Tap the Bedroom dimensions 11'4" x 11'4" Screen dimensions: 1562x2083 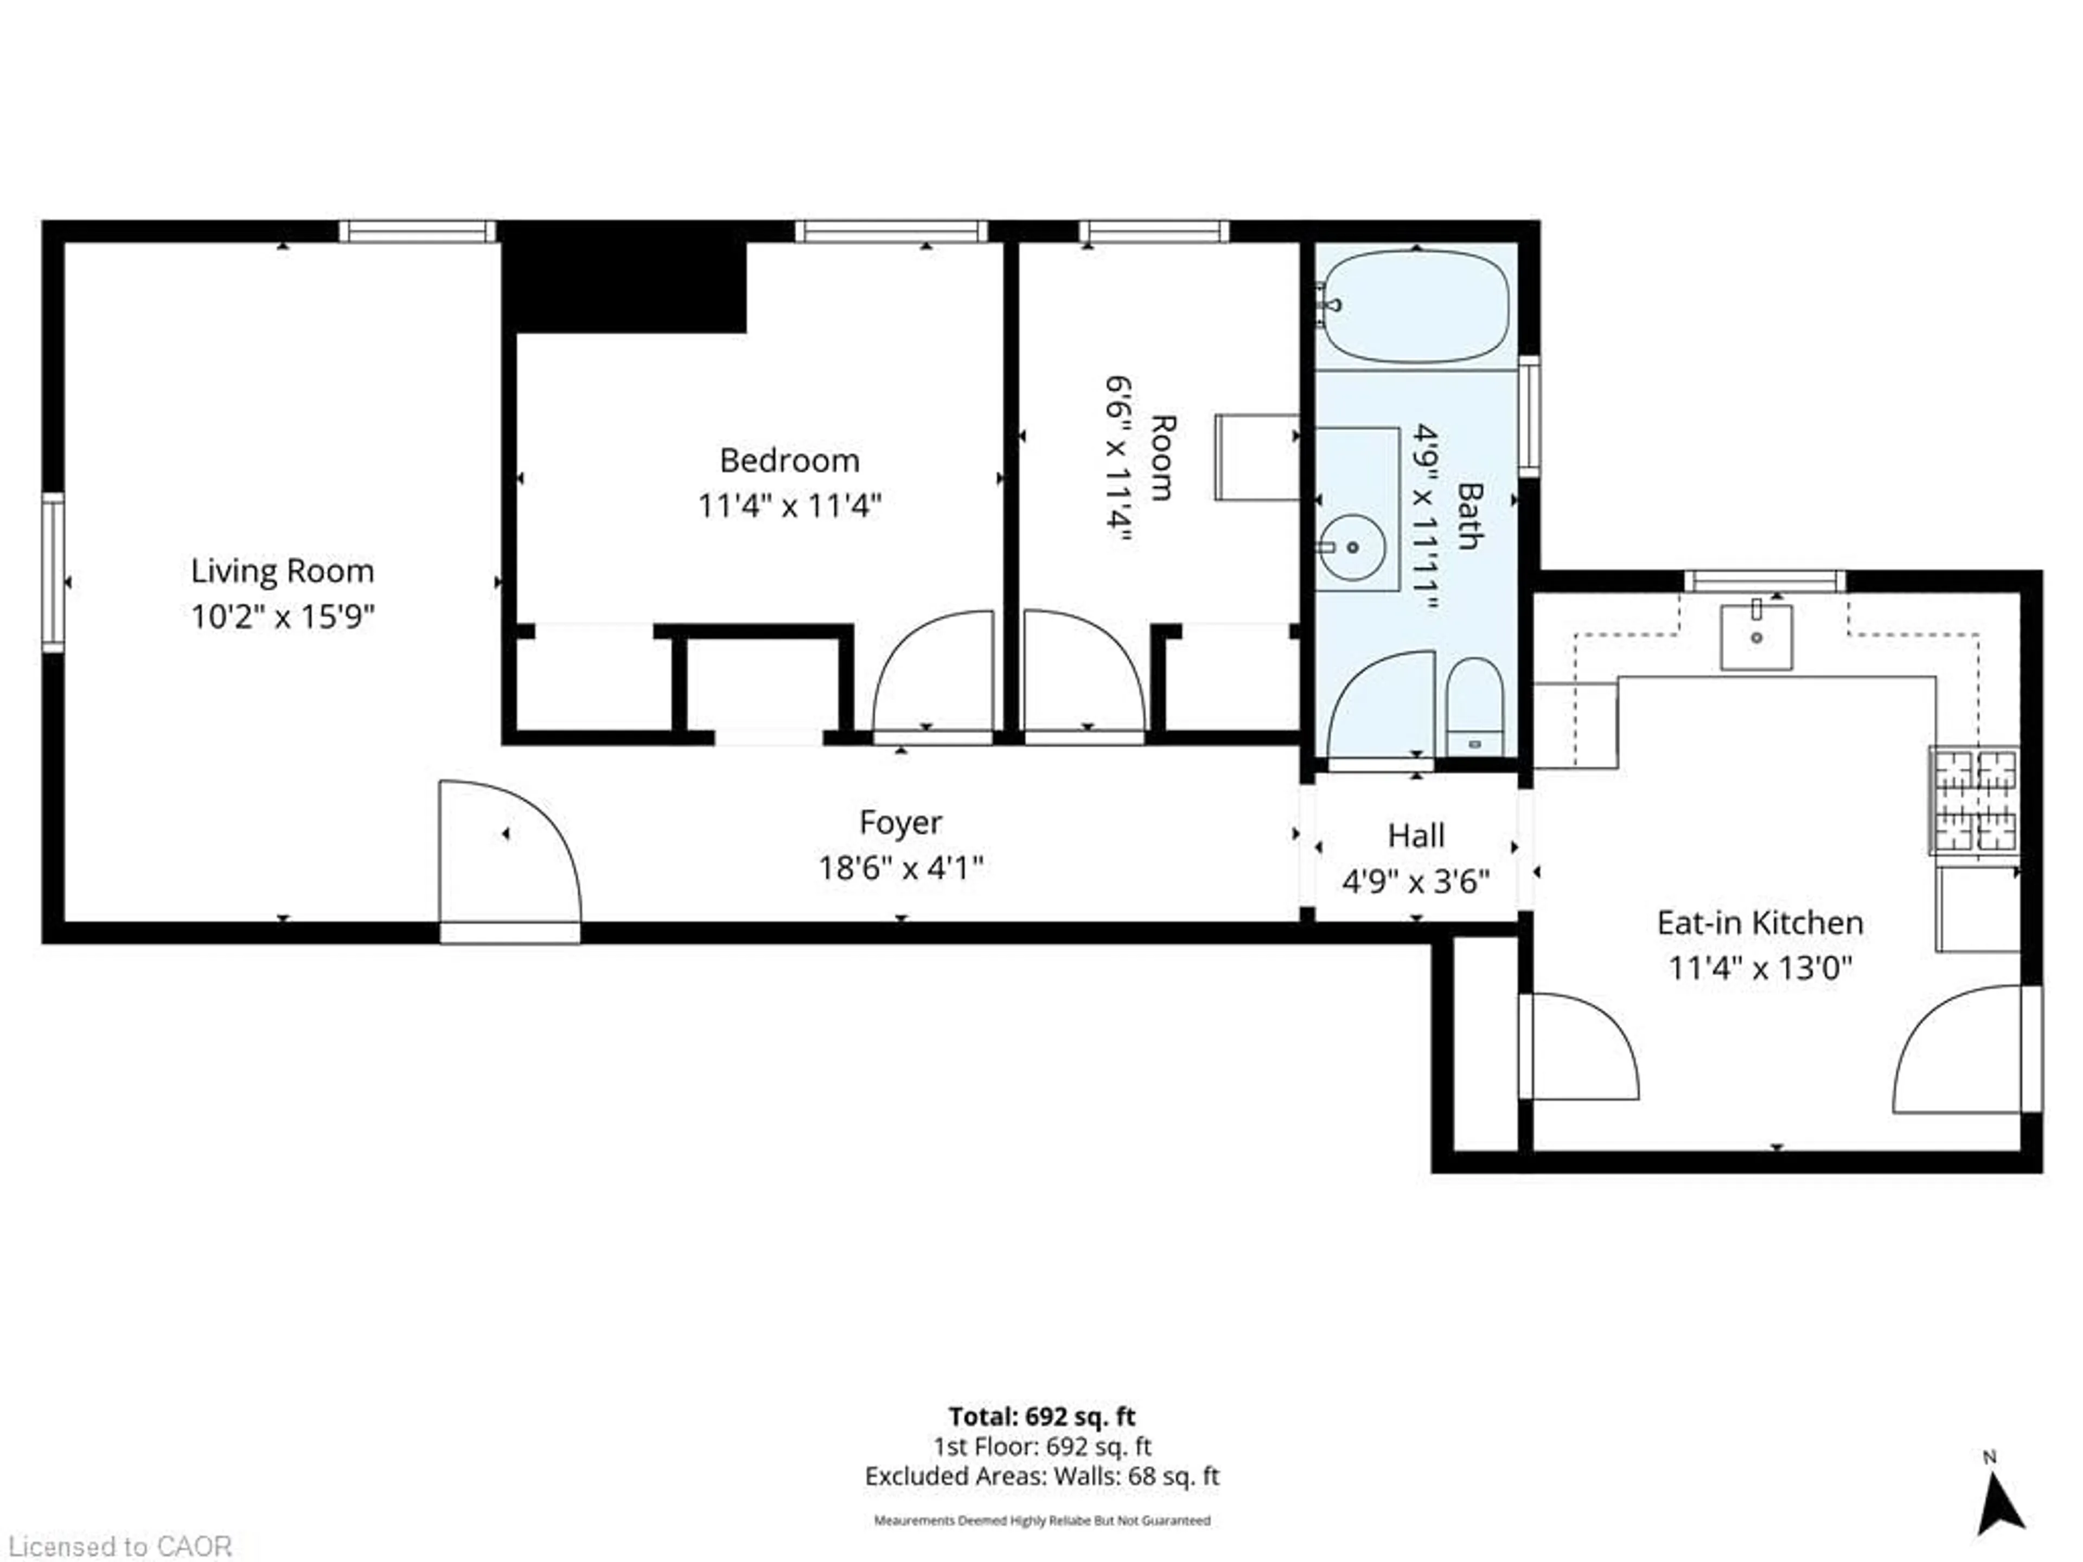(789, 507)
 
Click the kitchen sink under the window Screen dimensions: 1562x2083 (1756, 637)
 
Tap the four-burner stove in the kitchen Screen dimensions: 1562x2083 (1974, 801)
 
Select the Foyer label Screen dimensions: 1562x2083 (900, 822)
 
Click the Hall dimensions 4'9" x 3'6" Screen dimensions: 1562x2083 (1415, 882)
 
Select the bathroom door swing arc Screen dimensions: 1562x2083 (1379, 705)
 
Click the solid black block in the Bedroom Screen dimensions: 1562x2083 (624, 285)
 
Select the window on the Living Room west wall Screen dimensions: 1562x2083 (53, 572)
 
